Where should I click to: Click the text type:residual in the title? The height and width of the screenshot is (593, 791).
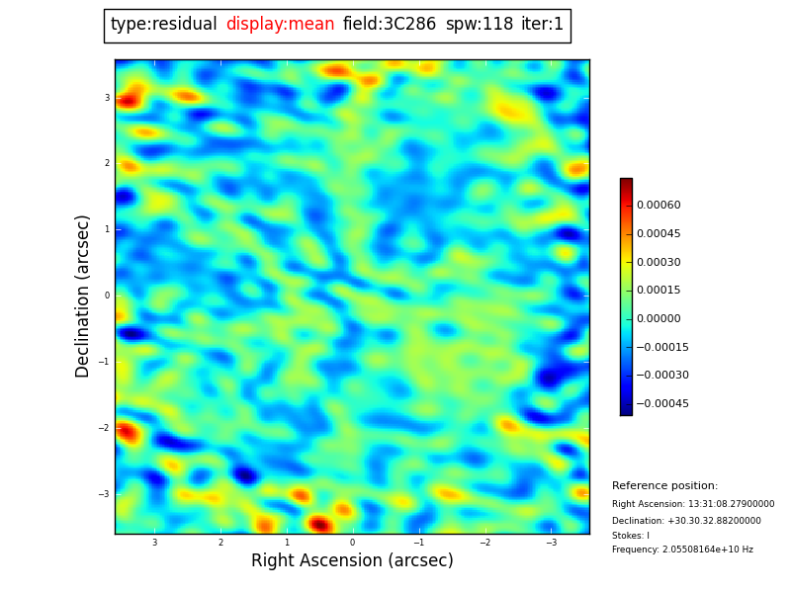[163, 25]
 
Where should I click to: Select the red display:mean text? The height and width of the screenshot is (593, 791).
[280, 25]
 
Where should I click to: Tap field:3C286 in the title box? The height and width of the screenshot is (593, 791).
[390, 25]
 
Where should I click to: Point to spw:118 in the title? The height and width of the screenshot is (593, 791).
[480, 25]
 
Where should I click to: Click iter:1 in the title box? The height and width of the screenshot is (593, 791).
[542, 25]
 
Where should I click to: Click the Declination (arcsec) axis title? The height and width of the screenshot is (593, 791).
[83, 296]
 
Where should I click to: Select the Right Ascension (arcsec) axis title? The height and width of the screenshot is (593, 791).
[352, 561]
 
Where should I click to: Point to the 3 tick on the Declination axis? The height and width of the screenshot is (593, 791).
[107, 98]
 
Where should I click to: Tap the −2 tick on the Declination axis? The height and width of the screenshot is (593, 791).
[105, 428]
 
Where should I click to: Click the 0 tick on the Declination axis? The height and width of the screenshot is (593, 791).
[107, 296]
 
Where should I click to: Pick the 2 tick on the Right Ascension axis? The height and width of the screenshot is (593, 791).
[220, 543]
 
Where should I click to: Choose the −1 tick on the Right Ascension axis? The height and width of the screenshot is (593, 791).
[417, 543]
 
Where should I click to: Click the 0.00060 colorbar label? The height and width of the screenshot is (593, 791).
[659, 206]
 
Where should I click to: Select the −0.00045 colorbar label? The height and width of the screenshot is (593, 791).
[661, 404]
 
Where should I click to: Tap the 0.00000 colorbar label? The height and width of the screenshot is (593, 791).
[659, 319]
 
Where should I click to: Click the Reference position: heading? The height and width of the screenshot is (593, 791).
[664, 486]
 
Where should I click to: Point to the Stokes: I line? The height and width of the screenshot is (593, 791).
[631, 536]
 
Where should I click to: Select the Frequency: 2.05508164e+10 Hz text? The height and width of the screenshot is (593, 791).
[682, 550]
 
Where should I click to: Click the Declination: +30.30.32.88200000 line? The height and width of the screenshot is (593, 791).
[686, 521]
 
